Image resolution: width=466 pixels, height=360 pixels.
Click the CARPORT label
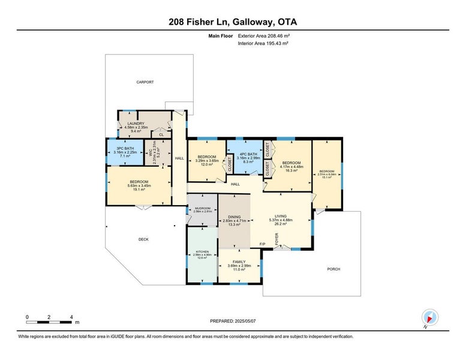[x=145, y=82]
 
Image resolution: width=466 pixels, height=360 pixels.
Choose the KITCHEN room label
[x=203, y=251]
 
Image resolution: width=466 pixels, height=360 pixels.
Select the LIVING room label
[x=281, y=217]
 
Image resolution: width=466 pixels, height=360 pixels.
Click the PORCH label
[x=333, y=269]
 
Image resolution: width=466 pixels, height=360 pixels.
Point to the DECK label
[x=143, y=239]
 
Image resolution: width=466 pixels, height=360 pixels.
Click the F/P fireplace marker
[x=262, y=244]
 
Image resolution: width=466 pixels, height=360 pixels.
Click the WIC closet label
[x=155, y=156]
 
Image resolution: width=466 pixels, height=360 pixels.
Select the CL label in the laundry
[x=161, y=135]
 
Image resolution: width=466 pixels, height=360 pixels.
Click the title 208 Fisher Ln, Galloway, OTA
[x=233, y=22]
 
